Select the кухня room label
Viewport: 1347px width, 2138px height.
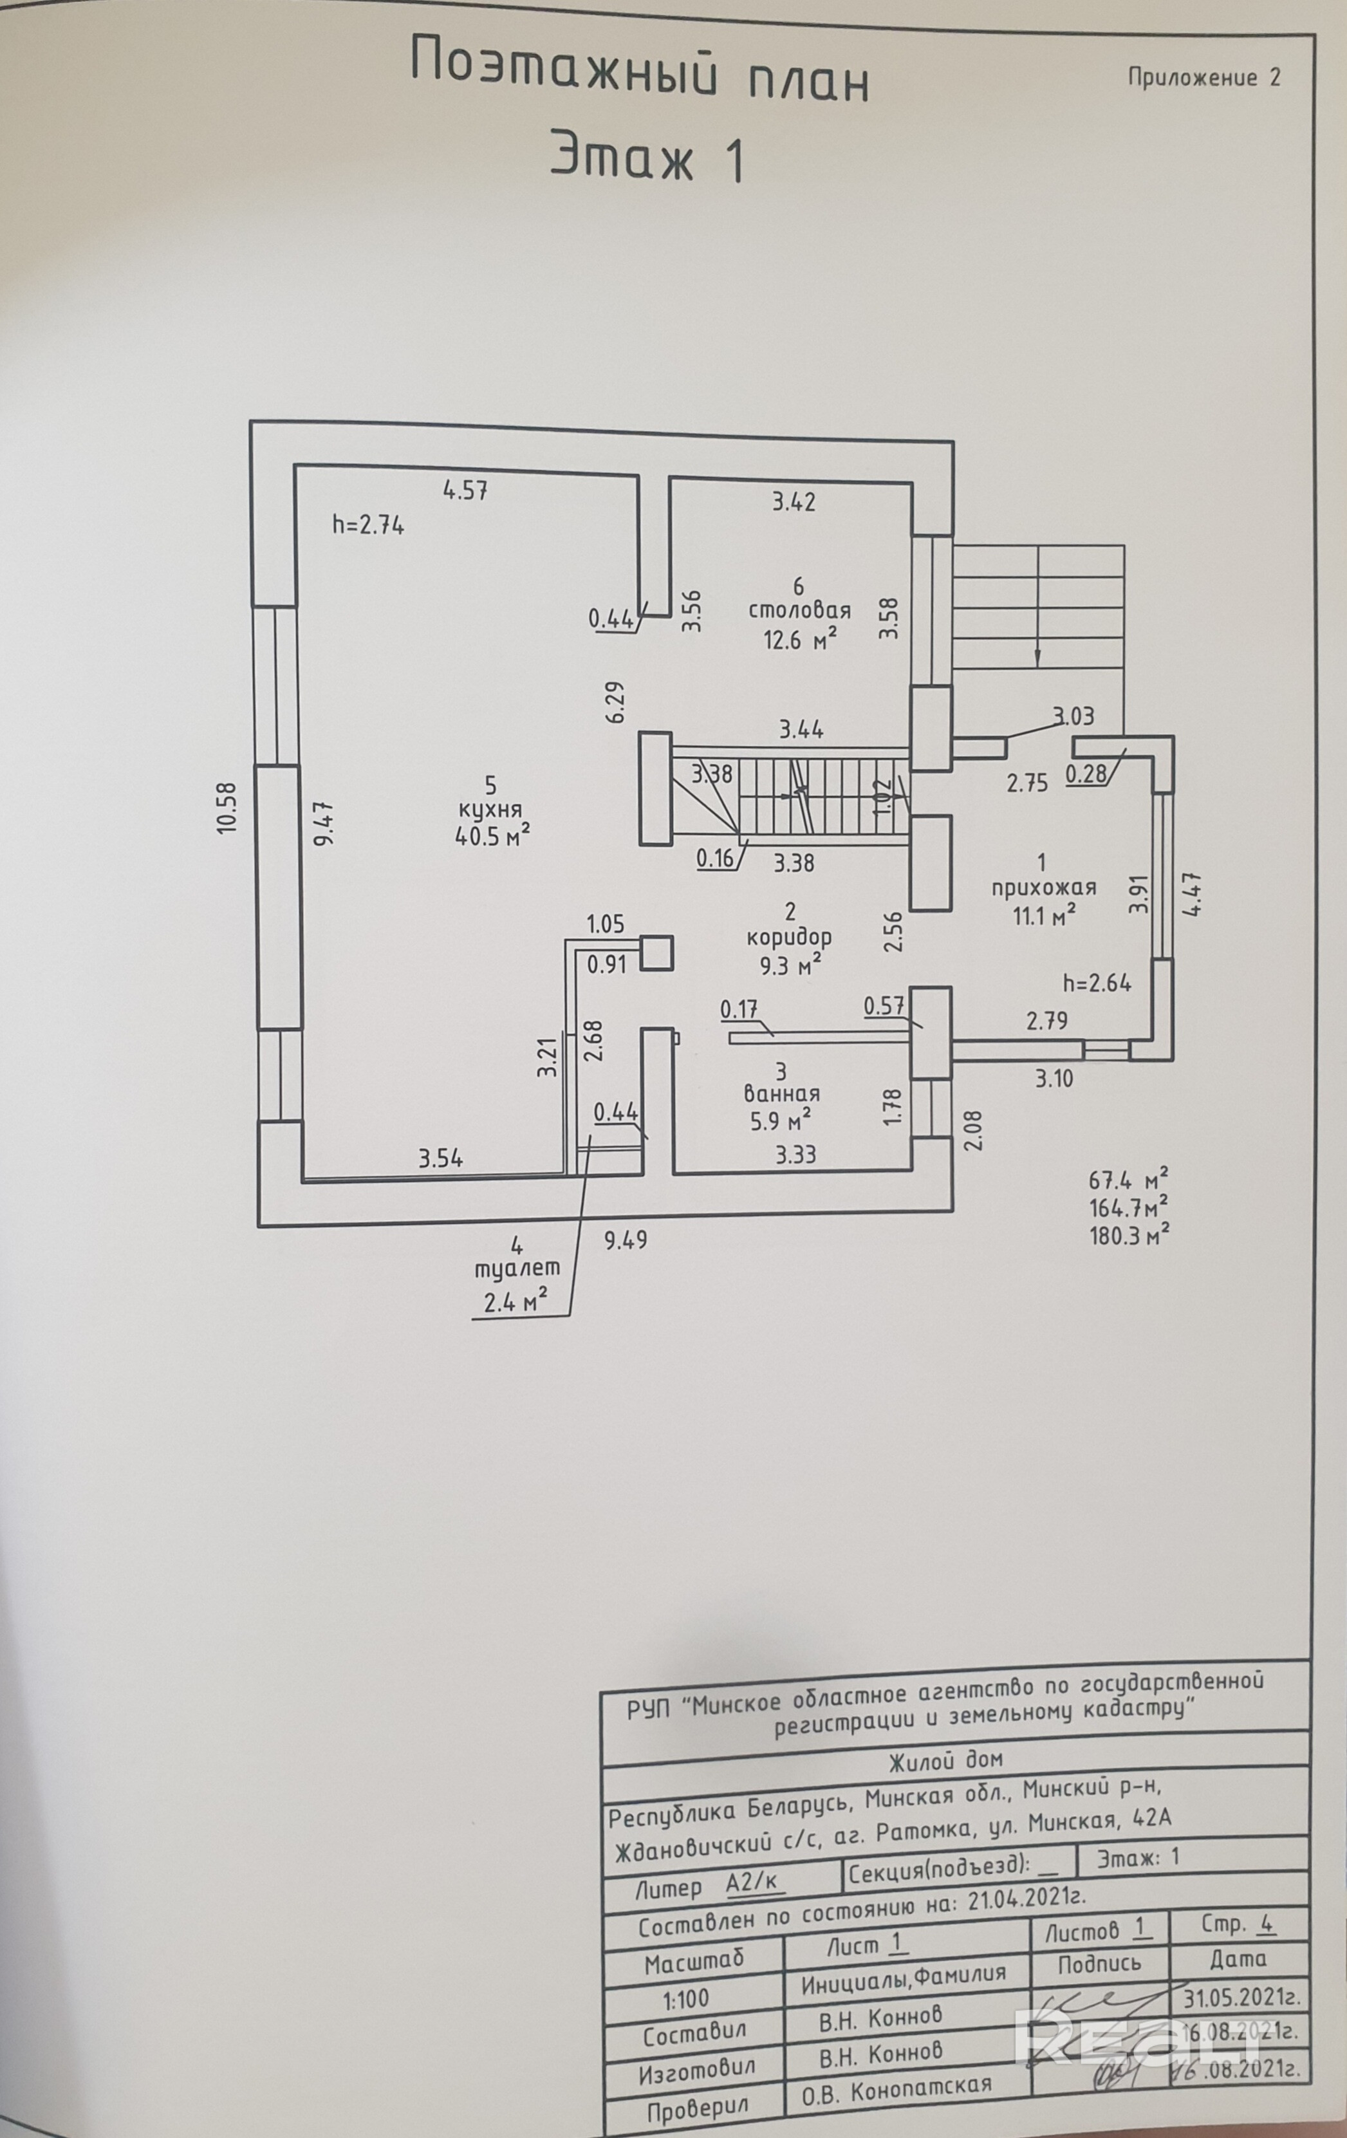[490, 809]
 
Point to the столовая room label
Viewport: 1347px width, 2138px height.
[799, 610]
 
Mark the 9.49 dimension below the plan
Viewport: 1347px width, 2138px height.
[626, 1240]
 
